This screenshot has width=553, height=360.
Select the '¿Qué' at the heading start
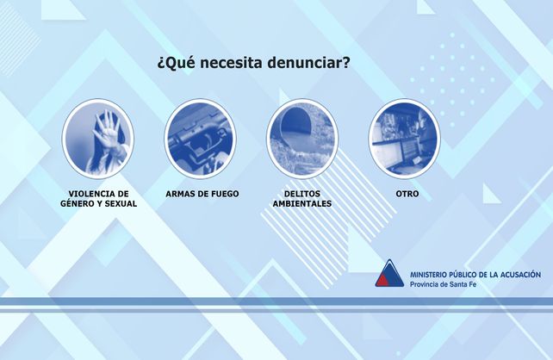pos(174,64)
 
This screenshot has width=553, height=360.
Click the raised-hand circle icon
pos(97,139)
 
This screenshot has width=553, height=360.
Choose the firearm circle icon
pos(200,139)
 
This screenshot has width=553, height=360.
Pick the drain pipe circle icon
pos(302,139)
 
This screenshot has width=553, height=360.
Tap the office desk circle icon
pos(405,139)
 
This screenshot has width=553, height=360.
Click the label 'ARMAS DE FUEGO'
pos(202,194)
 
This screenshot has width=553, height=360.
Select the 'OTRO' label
pos(407,194)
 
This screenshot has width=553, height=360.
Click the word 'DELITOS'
pos(302,194)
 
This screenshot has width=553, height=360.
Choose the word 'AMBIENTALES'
pos(302,204)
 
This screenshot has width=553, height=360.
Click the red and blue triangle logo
pos(390,274)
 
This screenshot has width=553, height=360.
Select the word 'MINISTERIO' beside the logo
pos(429,274)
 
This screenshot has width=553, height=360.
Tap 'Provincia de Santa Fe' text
pos(443,284)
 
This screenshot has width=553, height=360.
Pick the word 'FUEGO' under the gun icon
pos(223,194)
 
